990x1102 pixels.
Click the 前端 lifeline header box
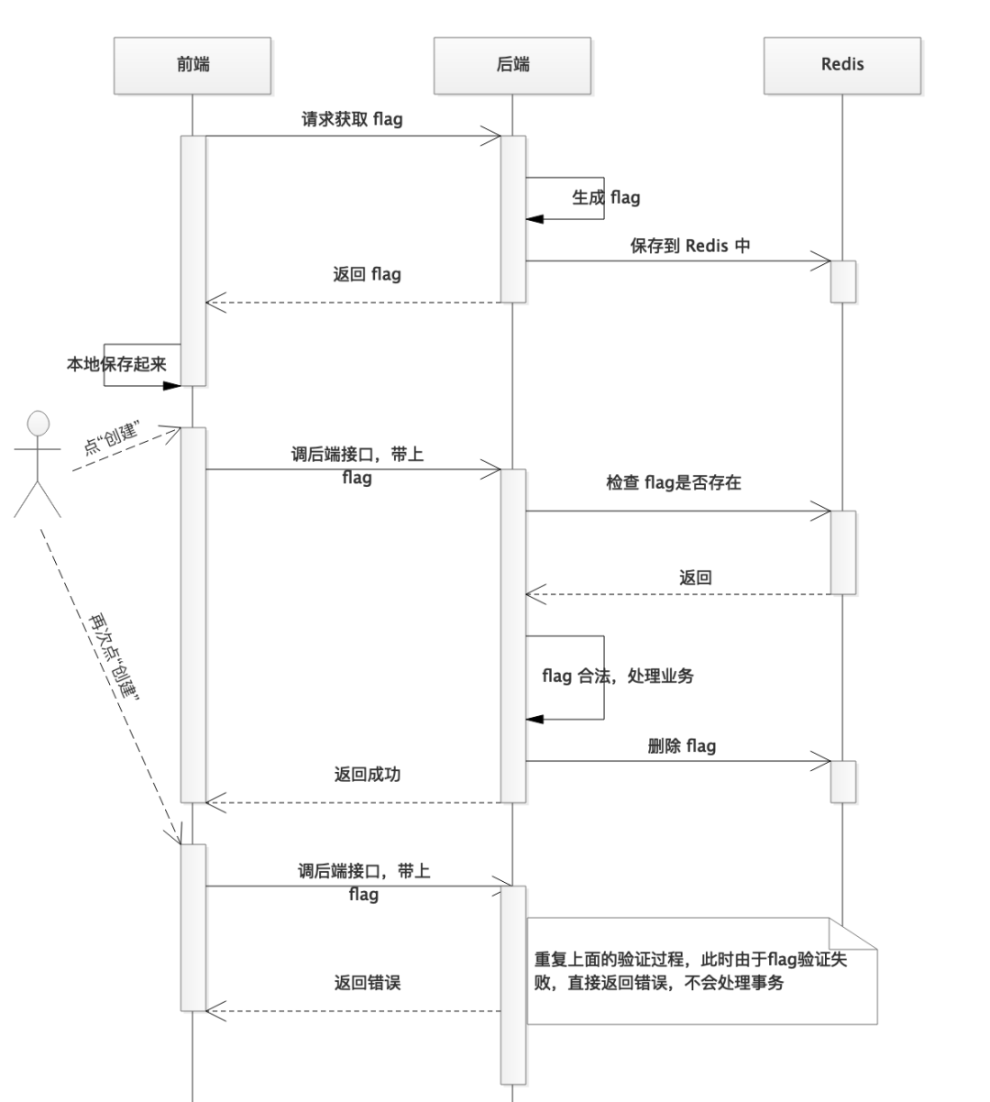coord(192,65)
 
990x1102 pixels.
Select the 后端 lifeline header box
coord(512,65)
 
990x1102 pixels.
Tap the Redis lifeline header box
coord(841,65)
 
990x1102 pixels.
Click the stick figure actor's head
coord(38,424)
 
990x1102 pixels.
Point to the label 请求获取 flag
coord(352,119)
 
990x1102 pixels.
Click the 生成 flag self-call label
coord(606,197)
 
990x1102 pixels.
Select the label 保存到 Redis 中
coord(689,246)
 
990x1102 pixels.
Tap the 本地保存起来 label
coord(116,364)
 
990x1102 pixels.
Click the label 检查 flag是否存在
coord(673,482)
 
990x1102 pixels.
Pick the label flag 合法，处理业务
coord(618,677)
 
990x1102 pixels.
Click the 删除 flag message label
coord(681,745)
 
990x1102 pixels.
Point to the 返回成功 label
coord(367,775)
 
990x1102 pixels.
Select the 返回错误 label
coord(367,983)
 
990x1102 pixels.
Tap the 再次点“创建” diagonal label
coord(114,655)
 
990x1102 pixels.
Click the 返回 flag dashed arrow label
coord(367,274)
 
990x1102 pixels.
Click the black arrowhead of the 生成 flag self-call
coord(534,219)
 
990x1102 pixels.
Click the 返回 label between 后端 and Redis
coord(695,578)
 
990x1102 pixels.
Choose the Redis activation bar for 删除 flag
coord(842,781)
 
